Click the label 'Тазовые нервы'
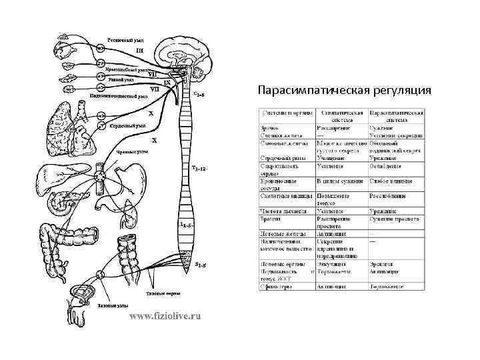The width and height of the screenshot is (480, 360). pos(163,294)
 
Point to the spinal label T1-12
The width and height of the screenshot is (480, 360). pos(199,168)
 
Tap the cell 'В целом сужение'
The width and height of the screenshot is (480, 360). pos(338,181)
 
